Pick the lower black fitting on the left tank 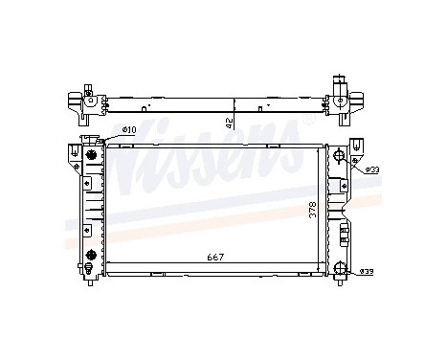pyautogui.click(x=91, y=256)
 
